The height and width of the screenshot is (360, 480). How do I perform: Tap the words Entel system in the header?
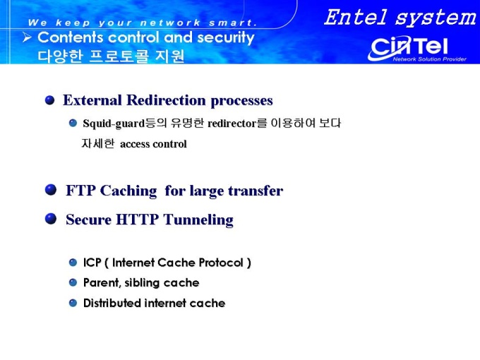click(400, 18)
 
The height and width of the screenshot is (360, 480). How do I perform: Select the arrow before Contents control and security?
click(27, 37)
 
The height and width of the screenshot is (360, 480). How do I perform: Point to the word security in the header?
click(226, 38)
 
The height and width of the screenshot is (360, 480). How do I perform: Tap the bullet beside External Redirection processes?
click(49, 100)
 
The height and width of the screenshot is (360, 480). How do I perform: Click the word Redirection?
click(166, 100)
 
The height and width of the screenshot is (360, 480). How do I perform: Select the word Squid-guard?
click(114, 124)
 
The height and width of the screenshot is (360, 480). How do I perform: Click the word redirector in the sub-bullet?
click(232, 124)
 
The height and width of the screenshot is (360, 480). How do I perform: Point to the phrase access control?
click(153, 144)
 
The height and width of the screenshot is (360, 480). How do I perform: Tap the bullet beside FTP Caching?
click(51, 189)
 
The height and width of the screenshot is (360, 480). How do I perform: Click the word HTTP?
click(138, 220)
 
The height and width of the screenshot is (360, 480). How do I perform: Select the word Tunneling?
click(198, 220)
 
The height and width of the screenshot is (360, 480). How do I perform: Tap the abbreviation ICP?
click(92, 263)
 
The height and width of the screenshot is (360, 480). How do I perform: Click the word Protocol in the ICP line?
click(221, 263)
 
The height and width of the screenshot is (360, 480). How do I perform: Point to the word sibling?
click(142, 283)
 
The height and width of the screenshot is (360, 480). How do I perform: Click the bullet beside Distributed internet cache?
click(73, 303)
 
